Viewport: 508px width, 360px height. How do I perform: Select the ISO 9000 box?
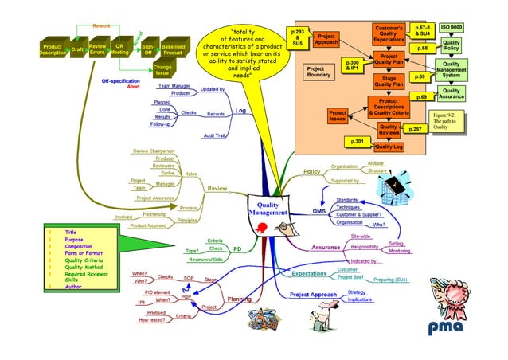click(x=451, y=27)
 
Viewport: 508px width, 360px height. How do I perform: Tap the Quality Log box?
click(x=389, y=147)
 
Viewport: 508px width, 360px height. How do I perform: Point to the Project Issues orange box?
click(x=337, y=116)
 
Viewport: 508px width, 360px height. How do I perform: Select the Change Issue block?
click(x=162, y=70)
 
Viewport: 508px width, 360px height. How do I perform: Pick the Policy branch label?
click(x=312, y=171)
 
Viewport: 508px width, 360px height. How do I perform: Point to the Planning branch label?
click(x=240, y=299)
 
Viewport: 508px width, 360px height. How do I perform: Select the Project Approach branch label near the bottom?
click(x=313, y=295)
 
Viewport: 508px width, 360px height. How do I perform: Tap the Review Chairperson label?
click(x=154, y=150)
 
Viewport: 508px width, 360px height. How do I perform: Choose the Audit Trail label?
click(x=214, y=136)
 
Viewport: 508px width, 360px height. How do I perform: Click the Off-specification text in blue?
click(x=121, y=81)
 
